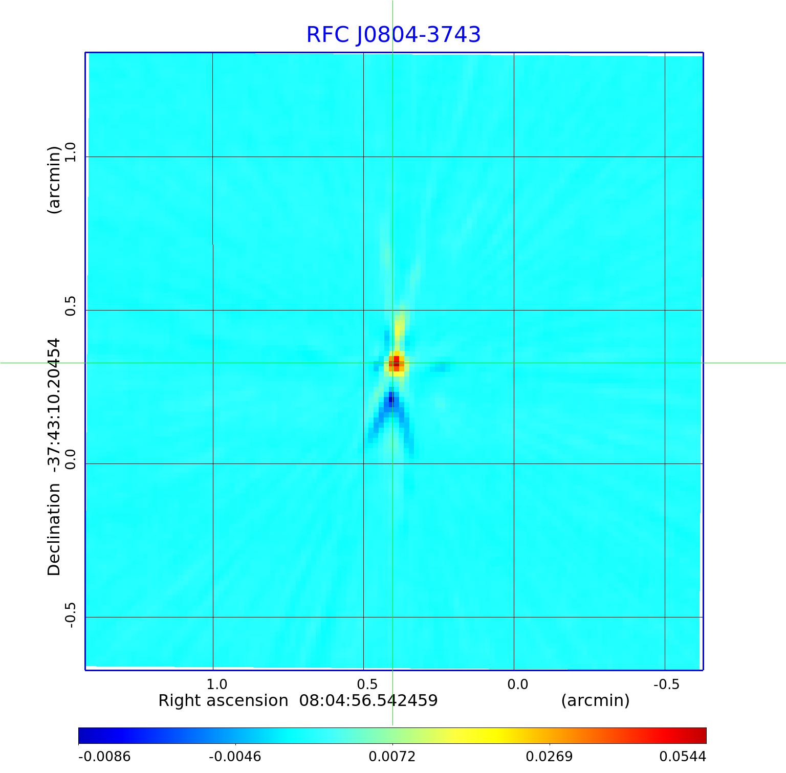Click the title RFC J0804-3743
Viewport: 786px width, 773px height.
tap(394, 35)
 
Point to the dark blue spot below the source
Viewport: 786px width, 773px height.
tap(391, 398)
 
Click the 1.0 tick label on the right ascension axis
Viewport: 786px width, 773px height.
tap(216, 684)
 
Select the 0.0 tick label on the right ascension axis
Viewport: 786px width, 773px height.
tap(517, 684)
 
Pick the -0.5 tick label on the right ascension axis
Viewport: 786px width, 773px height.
tap(666, 684)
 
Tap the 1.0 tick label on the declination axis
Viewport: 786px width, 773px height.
tap(70, 152)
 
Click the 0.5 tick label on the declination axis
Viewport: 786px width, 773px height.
tap(70, 306)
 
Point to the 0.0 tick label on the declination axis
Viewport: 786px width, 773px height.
tap(70, 459)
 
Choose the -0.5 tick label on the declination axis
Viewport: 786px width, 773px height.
tap(70, 615)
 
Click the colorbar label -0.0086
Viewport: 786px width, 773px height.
tap(104, 757)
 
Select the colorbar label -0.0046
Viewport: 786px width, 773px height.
tap(235, 757)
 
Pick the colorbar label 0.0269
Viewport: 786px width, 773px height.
tap(549, 757)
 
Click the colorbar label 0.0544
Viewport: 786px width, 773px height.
tap(682, 757)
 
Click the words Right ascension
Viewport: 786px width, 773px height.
tap(223, 700)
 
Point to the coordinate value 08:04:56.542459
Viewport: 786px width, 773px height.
tap(368, 700)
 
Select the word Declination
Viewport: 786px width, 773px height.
tap(54, 529)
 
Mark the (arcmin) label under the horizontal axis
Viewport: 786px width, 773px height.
tap(595, 700)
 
